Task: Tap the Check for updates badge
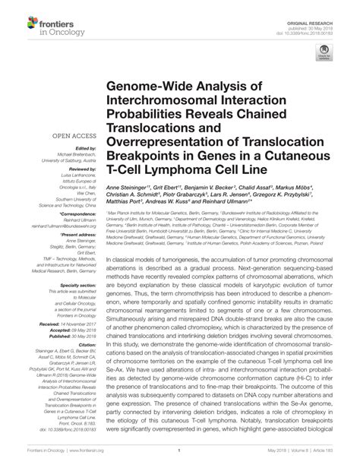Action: point(325,54)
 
